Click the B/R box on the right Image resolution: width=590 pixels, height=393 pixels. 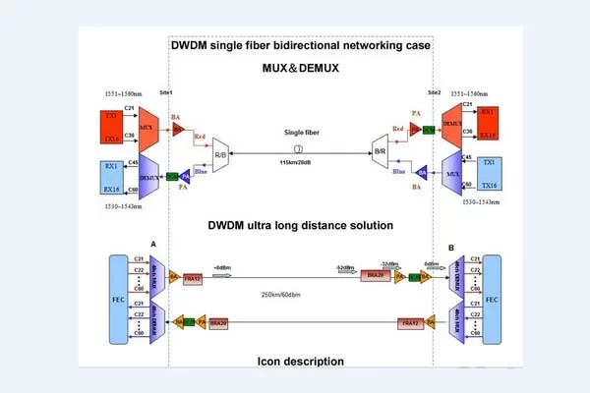pos(379,152)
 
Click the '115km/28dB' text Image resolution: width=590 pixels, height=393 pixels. pos(299,163)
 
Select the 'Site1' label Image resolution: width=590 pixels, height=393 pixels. pos(165,92)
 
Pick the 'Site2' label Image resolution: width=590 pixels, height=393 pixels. pos(434,92)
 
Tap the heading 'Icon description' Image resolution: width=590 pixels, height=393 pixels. pos(299,361)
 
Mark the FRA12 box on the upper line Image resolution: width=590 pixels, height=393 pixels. pos(194,278)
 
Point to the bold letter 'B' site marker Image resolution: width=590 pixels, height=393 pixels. pos(450,248)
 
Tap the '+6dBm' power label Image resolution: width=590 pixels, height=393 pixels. pos(222,265)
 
